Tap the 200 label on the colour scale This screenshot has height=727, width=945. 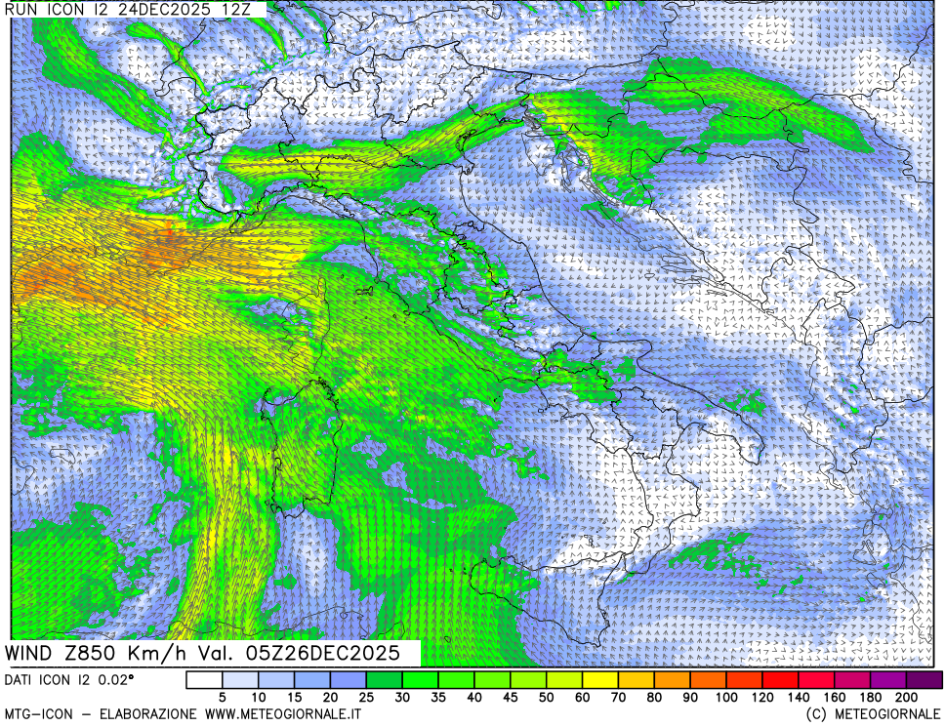905,698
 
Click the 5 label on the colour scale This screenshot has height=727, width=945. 223,698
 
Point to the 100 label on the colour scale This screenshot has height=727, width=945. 726,698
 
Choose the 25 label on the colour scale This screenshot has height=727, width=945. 366,698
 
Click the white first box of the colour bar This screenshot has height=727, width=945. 204,679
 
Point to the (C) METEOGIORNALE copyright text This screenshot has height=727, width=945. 874,715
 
